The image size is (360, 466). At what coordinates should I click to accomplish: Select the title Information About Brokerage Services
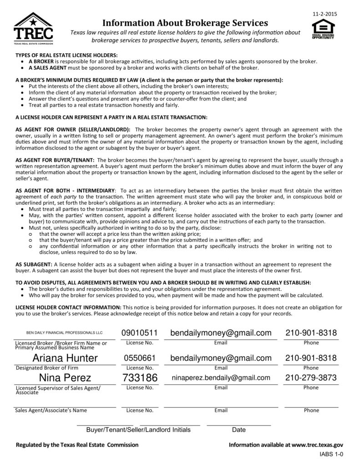[x=185, y=23]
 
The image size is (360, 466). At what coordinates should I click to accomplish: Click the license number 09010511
[x=139, y=334]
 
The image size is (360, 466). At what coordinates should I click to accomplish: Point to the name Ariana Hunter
[x=65, y=358]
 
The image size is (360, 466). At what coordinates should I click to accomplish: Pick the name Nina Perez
[x=65, y=378]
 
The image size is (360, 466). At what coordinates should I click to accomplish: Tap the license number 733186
[x=140, y=378]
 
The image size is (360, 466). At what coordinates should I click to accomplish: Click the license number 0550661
[x=140, y=358]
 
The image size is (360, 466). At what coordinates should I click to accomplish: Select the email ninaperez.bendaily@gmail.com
[x=221, y=378]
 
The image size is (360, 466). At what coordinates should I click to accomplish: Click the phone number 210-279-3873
[x=311, y=378]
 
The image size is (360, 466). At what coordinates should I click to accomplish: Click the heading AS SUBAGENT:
[x=34, y=264]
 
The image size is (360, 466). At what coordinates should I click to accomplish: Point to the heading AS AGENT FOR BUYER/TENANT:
[x=55, y=160]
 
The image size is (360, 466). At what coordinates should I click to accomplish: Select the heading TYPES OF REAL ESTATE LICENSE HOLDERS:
[x=66, y=55]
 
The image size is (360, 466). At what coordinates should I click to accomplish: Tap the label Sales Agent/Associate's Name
[x=51, y=410]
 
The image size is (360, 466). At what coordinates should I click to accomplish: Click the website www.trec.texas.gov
[x=317, y=445]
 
